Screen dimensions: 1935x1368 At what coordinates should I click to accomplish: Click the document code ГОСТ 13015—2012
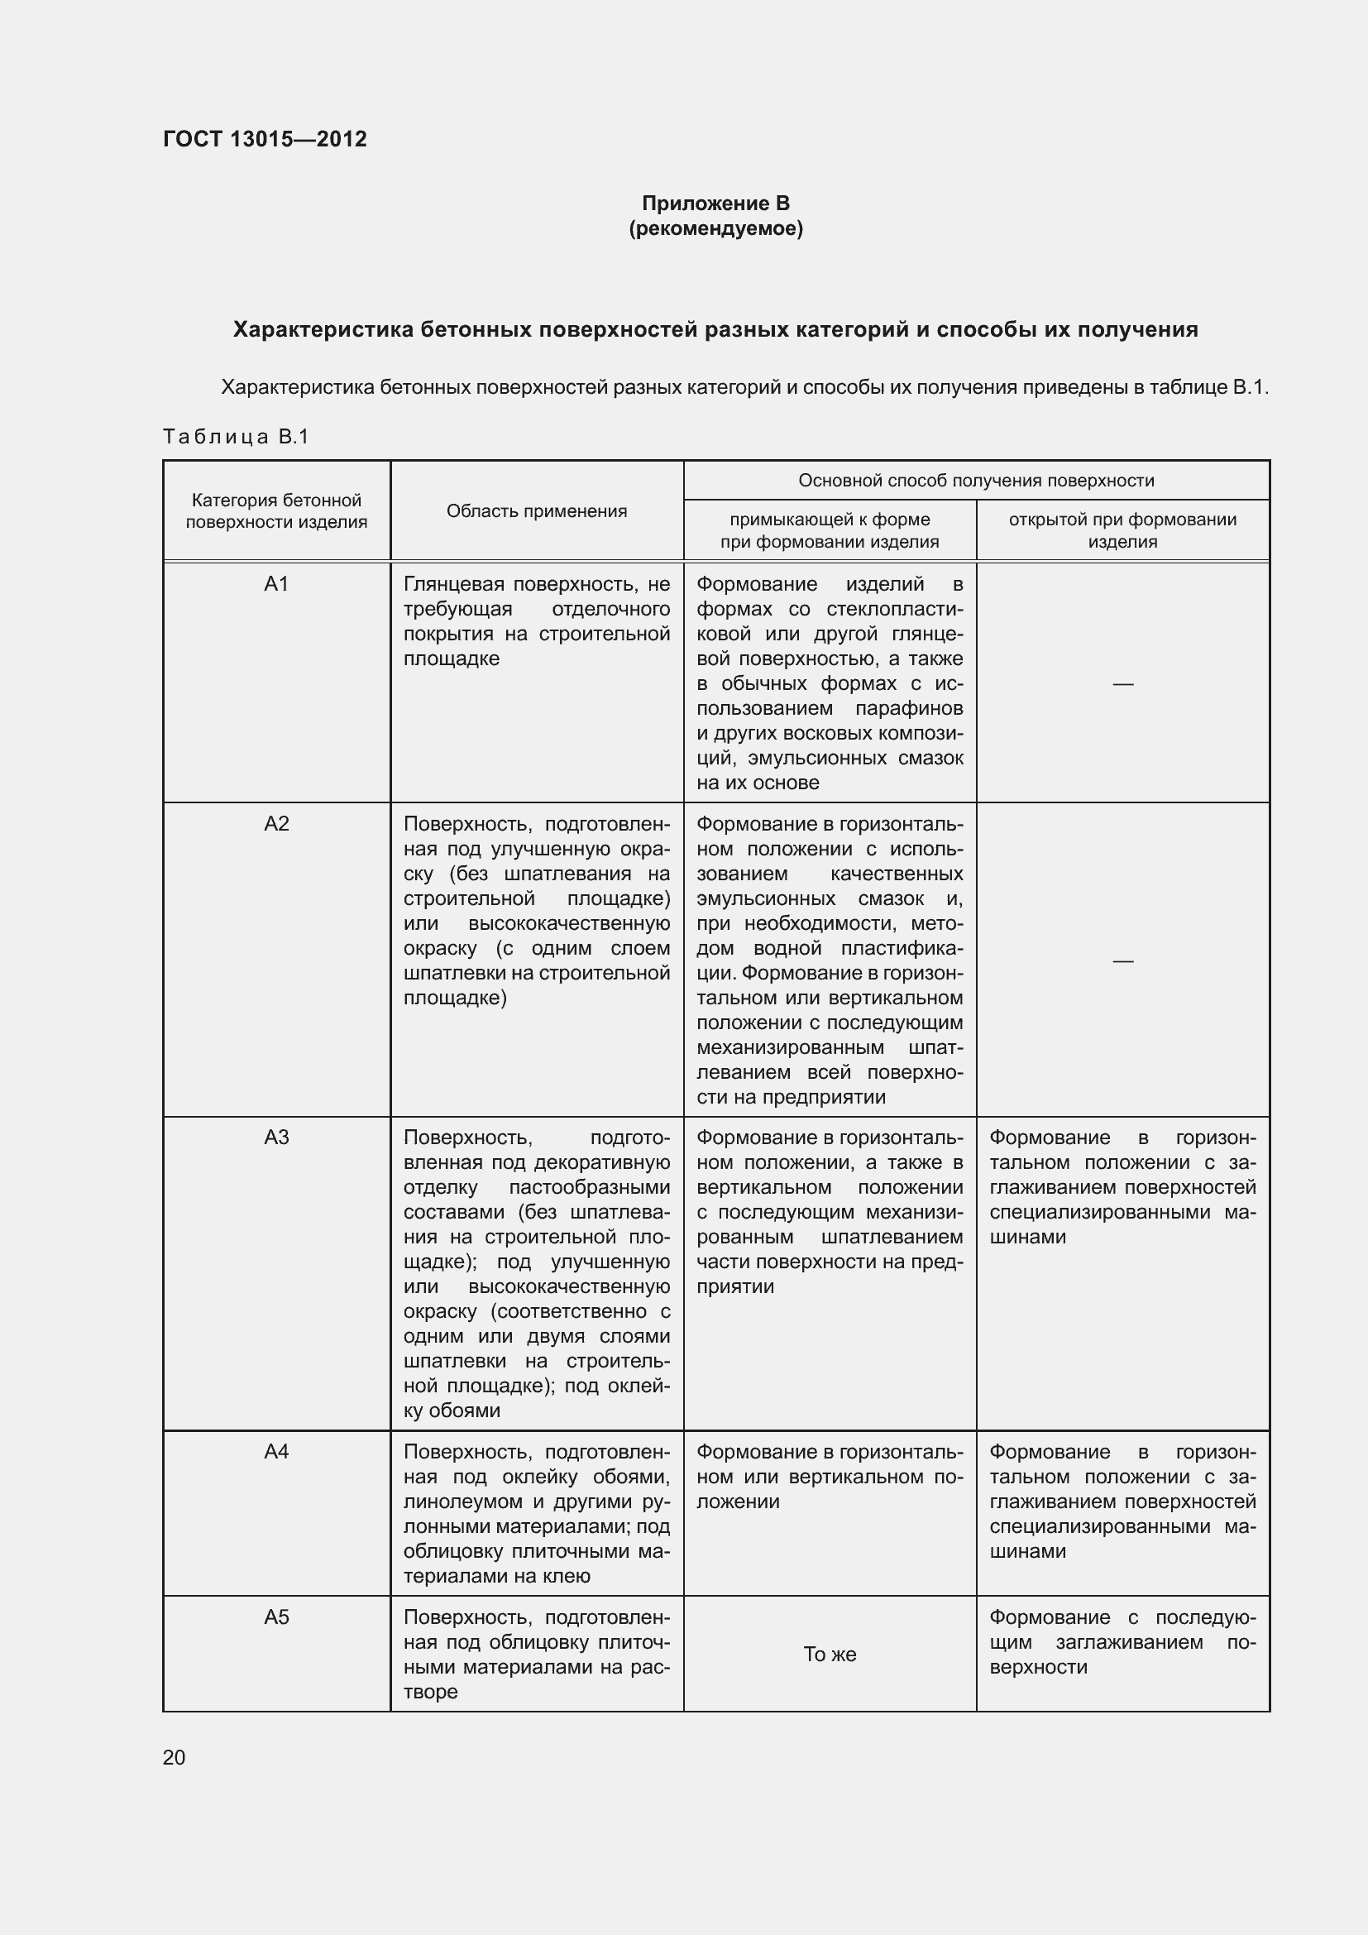[265, 139]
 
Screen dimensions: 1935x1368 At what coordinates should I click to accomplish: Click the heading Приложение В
[715, 204]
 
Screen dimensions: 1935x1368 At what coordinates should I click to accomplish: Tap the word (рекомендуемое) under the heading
[715, 228]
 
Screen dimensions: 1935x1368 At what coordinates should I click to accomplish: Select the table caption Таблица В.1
[236, 437]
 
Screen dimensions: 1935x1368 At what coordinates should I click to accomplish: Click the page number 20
[174, 1757]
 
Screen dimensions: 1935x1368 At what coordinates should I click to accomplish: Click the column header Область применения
[537, 510]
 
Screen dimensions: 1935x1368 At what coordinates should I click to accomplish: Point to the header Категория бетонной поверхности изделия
[276, 510]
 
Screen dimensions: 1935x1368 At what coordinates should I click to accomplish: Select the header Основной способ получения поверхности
[975, 481]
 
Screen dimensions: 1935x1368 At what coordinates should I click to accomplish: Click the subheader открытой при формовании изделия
[1122, 530]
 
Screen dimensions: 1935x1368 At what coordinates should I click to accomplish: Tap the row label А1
[276, 584]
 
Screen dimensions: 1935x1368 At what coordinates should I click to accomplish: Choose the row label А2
[276, 823]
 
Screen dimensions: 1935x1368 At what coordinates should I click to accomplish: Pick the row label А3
[276, 1138]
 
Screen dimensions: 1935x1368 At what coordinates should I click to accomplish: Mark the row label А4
[276, 1451]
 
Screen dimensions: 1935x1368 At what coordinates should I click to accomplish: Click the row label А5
[276, 1616]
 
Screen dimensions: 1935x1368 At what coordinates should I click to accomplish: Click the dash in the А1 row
[1122, 683]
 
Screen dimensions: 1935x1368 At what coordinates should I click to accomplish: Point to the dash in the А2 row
[1122, 960]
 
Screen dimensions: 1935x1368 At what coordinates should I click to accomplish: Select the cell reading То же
[830, 1655]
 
